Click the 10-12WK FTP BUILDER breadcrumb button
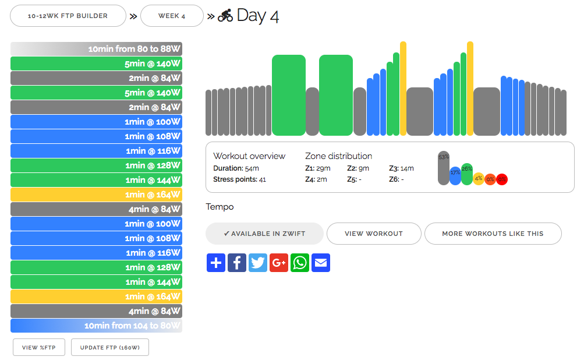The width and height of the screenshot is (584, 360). pyautogui.click(x=68, y=16)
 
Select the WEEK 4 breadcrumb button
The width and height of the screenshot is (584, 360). pyautogui.click(x=172, y=16)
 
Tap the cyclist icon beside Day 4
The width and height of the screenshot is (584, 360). pyautogui.click(x=225, y=16)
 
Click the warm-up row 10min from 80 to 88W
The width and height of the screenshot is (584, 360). pyautogui.click(x=97, y=49)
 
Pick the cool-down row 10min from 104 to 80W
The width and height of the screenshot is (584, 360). pyautogui.click(x=97, y=326)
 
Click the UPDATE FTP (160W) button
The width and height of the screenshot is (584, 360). pyautogui.click(x=110, y=347)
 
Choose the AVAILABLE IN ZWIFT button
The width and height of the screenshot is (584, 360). pyautogui.click(x=264, y=234)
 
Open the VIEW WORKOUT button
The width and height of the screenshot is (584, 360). pyautogui.click(x=374, y=234)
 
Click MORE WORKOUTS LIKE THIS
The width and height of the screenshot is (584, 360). pyautogui.click(x=493, y=234)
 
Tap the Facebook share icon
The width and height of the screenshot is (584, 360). pyautogui.click(x=237, y=263)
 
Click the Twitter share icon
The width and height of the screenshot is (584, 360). pyautogui.click(x=258, y=263)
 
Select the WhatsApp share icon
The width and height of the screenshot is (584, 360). pyautogui.click(x=300, y=263)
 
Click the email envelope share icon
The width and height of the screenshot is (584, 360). pyautogui.click(x=321, y=263)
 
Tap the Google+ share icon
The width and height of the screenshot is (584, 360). pyautogui.click(x=279, y=263)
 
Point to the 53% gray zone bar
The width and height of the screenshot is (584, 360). pyautogui.click(x=444, y=168)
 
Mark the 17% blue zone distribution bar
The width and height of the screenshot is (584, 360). pyautogui.click(x=455, y=176)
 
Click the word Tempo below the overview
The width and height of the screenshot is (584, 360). pyautogui.click(x=220, y=207)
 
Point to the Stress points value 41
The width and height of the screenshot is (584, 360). pyautogui.click(x=263, y=179)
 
